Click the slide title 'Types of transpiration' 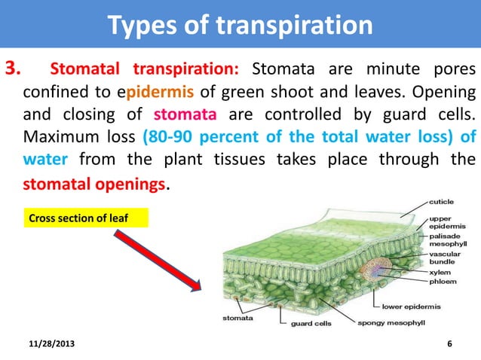[x=240, y=25]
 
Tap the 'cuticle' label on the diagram [x=443, y=202]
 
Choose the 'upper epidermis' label [x=448, y=221]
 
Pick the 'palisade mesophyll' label [x=449, y=239]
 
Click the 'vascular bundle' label [x=448, y=258]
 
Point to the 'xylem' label [x=440, y=273]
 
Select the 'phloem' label [x=443, y=283]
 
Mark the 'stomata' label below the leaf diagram [x=237, y=318]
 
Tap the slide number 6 [x=449, y=344]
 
